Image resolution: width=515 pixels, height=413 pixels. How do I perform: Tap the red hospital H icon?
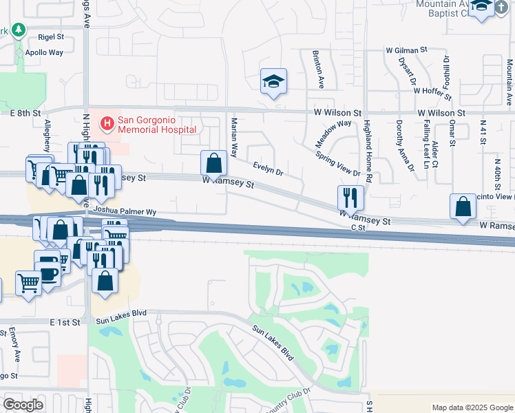(x=107, y=124)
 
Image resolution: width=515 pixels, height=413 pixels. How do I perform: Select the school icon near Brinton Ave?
(x=273, y=83)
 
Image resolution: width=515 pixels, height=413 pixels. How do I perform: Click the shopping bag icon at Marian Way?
(x=214, y=164)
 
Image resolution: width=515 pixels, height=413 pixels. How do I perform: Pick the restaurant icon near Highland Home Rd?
(x=350, y=198)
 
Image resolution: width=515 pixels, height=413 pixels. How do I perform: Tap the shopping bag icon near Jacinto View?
(x=463, y=206)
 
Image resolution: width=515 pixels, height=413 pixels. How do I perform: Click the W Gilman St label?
(x=406, y=50)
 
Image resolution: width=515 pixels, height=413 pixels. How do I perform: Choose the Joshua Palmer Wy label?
(x=126, y=211)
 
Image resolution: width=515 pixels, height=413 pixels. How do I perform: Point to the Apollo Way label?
(x=44, y=52)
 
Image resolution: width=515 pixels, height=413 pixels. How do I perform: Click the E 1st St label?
(x=69, y=321)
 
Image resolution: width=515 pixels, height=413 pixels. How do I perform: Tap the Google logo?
(x=23, y=405)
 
